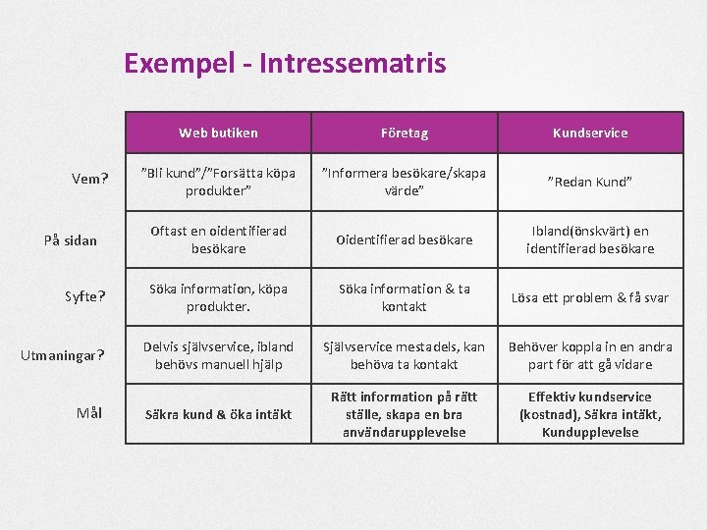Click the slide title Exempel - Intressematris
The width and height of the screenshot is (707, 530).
tap(285, 64)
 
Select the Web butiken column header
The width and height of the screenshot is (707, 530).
tap(218, 132)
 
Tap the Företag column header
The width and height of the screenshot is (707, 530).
tap(405, 132)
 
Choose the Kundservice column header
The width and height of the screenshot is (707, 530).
tap(590, 132)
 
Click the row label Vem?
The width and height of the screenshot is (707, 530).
tap(90, 179)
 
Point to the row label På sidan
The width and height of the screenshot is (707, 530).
tap(71, 239)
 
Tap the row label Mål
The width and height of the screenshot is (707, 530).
tap(89, 413)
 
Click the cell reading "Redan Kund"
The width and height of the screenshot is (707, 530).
tap(590, 182)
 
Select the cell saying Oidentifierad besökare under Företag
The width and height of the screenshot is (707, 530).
tap(405, 239)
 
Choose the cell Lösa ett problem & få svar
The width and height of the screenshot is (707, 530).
tap(590, 297)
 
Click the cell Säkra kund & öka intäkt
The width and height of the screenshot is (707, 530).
tap(218, 414)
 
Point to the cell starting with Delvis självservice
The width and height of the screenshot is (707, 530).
tap(218, 355)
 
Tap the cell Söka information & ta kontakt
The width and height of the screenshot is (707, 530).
tap(405, 297)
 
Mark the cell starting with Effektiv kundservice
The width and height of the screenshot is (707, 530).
tap(590, 414)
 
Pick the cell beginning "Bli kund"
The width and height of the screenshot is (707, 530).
tap(218, 182)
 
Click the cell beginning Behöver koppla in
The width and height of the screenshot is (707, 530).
tap(590, 355)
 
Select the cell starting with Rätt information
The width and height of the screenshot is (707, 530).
tap(405, 414)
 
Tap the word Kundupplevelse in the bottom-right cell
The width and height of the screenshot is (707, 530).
tap(590, 432)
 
